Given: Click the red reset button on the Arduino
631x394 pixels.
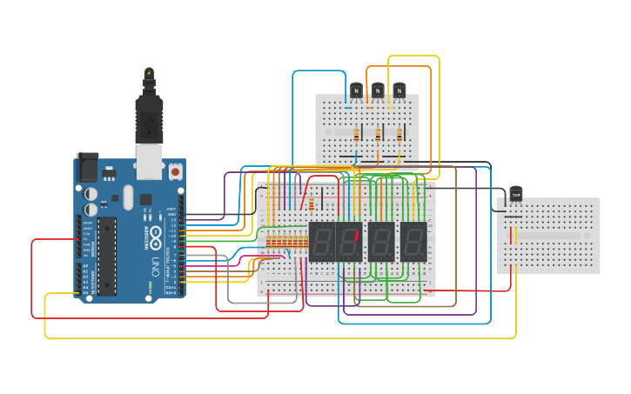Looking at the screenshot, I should click(175, 172).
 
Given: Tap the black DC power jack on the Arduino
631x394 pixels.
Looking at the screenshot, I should click(88, 166).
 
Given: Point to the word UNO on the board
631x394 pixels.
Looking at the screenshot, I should click(156, 262).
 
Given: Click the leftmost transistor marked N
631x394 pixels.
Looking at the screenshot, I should click(356, 90).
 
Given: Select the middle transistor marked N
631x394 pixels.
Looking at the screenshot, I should click(378, 90).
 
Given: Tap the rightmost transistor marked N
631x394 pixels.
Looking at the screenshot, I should click(399, 90).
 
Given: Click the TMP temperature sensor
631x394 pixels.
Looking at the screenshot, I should click(516, 194).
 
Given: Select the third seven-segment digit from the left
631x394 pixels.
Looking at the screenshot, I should click(381, 242).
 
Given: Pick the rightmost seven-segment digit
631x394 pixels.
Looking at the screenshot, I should click(413, 242).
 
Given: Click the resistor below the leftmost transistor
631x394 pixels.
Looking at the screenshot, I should click(357, 134).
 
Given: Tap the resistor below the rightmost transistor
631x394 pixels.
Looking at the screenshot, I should click(399, 134).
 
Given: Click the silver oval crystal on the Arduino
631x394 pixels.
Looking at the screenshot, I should click(129, 197).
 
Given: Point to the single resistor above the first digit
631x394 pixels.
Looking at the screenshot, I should click(312, 204).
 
